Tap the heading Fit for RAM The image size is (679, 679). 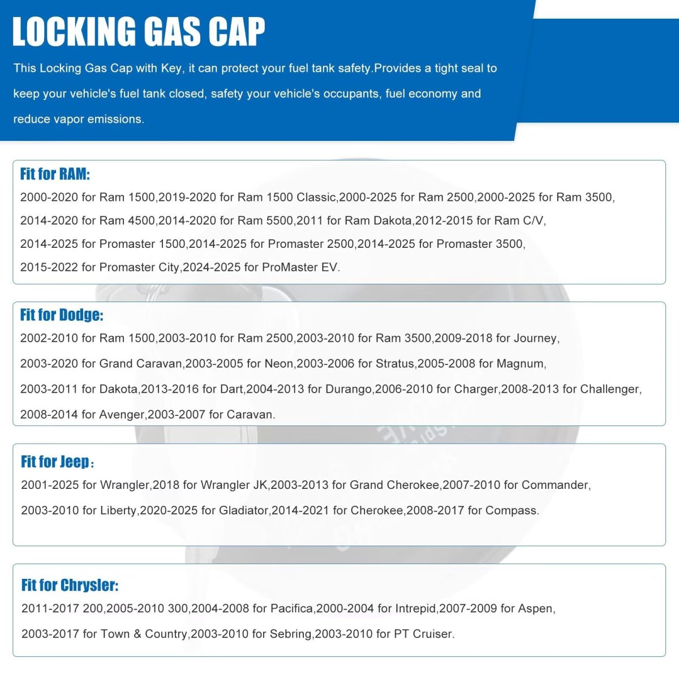(55, 174)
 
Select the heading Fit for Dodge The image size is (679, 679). (62, 315)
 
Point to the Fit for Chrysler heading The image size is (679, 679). (70, 585)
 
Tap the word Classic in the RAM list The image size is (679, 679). (316, 197)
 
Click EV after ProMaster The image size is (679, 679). (329, 267)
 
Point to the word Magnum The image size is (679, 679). (521, 364)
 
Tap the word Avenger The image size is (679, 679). (122, 415)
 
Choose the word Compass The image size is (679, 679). (511, 510)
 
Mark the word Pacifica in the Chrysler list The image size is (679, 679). (291, 609)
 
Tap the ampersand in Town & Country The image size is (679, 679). (137, 634)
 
